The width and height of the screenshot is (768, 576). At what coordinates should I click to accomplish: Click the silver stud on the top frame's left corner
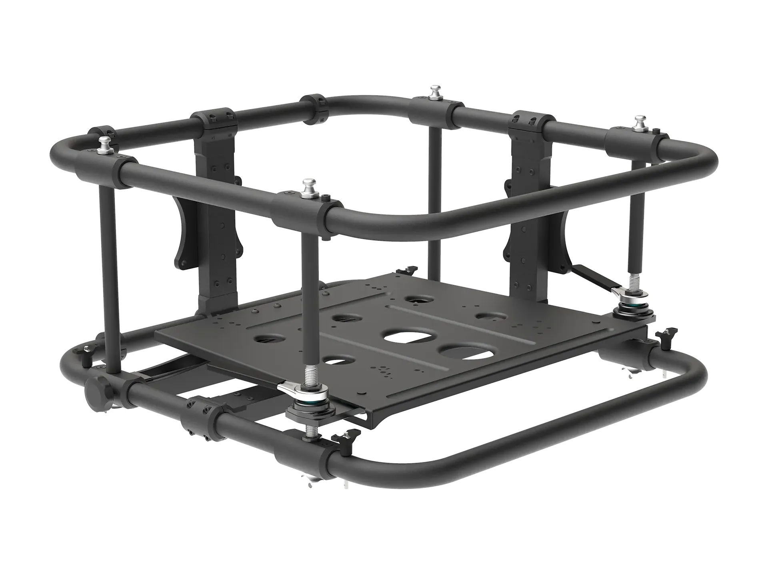click(105, 143)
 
